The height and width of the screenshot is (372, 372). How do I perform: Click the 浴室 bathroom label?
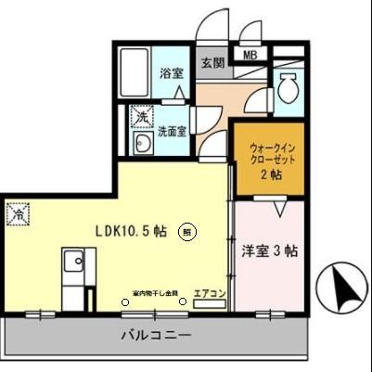pyautogui.click(x=170, y=73)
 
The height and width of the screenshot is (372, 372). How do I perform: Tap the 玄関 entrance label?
pyautogui.click(x=212, y=64)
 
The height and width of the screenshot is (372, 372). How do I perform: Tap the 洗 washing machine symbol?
pyautogui.click(x=141, y=117)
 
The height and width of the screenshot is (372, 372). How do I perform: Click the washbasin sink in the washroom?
pyautogui.click(x=144, y=145)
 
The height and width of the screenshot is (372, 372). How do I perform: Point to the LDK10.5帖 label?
pyautogui.click(x=132, y=232)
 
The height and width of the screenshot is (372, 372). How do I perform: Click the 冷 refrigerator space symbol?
pyautogui.click(x=19, y=213)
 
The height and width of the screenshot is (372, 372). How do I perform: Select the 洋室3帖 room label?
pyautogui.click(x=270, y=250)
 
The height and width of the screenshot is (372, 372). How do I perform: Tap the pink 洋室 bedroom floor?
pyautogui.click(x=268, y=274)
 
